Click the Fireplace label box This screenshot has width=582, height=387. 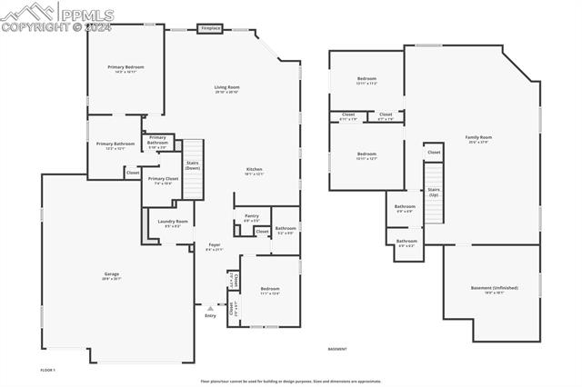pyautogui.click(x=211, y=29)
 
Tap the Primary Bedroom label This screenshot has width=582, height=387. pyautogui.click(x=125, y=68)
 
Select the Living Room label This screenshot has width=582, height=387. pyautogui.click(x=226, y=89)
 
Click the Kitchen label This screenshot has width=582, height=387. pyautogui.click(x=255, y=171)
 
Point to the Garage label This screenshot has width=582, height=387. pyautogui.click(x=112, y=275)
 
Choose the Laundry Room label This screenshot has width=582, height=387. pyautogui.click(x=173, y=223)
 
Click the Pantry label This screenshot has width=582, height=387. pyautogui.click(x=252, y=218)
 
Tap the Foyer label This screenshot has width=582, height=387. pyautogui.click(x=215, y=246)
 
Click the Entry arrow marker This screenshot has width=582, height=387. pyautogui.click(x=211, y=307)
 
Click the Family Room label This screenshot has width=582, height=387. pyautogui.click(x=477, y=139)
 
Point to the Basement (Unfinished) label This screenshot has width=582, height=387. pyautogui.click(x=495, y=289)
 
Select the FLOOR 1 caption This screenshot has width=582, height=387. pyautogui.click(x=48, y=370)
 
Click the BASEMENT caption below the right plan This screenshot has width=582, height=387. pyautogui.click(x=337, y=349)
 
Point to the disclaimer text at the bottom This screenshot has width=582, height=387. pyautogui.click(x=290, y=382)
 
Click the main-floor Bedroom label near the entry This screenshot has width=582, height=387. pyautogui.click(x=270, y=291)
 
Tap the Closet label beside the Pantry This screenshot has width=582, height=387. pyautogui.click(x=262, y=232)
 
